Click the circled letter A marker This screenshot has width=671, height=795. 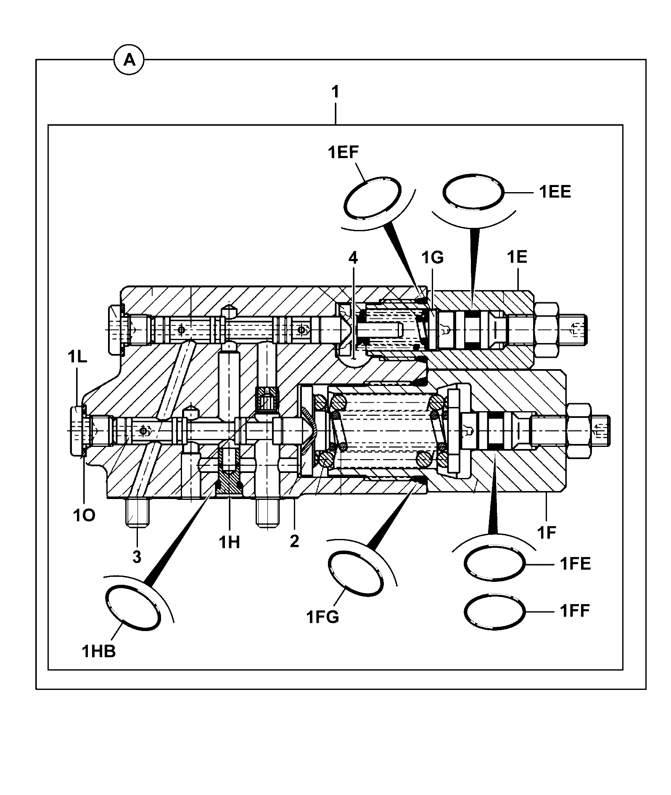point(129,61)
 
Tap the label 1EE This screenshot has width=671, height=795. point(555,192)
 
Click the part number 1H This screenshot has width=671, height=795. point(230,542)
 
